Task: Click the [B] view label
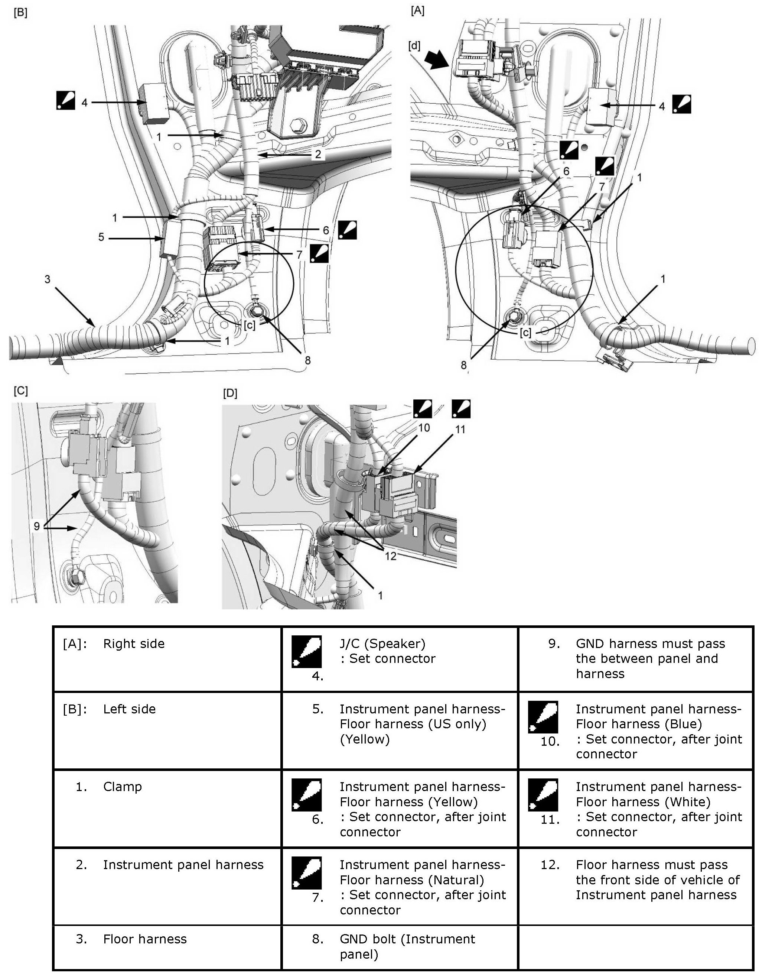pyautogui.click(x=20, y=13)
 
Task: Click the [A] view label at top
pyautogui.click(x=417, y=11)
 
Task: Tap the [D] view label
pyautogui.click(x=230, y=393)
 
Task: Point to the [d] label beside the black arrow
pyautogui.click(x=414, y=46)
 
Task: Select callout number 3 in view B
pyautogui.click(x=47, y=279)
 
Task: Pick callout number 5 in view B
pyautogui.click(x=101, y=237)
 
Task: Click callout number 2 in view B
pyautogui.click(x=318, y=155)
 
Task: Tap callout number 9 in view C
pyautogui.click(x=37, y=527)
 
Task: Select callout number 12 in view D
pyautogui.click(x=390, y=556)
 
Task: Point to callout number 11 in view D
pyautogui.click(x=460, y=430)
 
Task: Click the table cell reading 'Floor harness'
pyautogui.click(x=145, y=939)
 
